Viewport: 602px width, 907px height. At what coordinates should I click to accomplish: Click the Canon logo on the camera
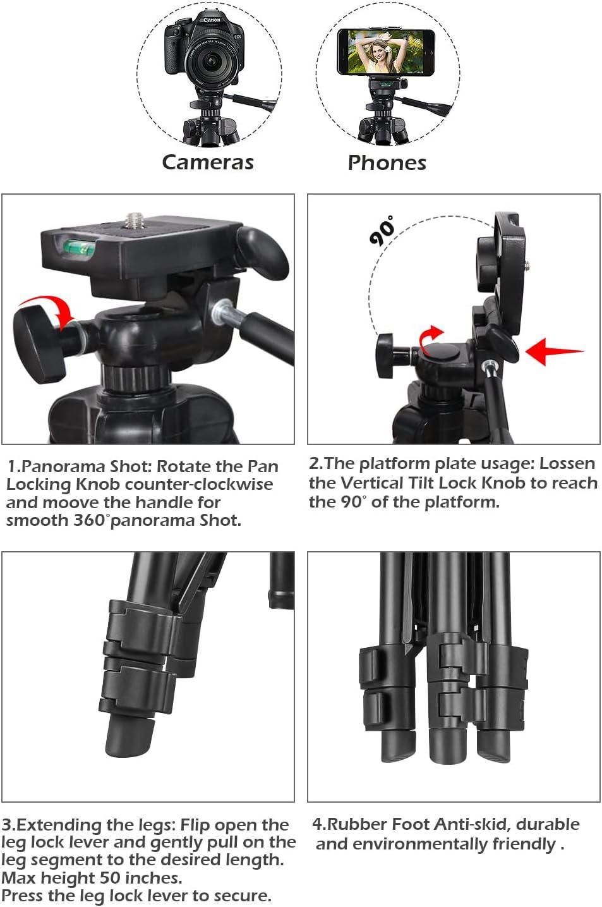tap(212, 20)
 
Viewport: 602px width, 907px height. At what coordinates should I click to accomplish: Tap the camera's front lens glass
tap(210, 60)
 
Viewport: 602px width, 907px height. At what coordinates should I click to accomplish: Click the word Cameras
tap(208, 162)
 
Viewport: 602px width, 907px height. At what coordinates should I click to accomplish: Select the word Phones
tap(387, 163)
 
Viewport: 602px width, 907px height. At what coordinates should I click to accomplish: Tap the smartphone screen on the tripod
tap(386, 52)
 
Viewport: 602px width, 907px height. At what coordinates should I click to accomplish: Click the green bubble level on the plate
tap(79, 247)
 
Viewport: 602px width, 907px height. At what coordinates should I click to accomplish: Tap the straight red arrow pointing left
tap(554, 351)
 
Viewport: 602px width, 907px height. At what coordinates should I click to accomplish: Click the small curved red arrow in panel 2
tap(431, 339)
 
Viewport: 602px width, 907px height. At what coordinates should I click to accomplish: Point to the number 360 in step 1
tap(90, 520)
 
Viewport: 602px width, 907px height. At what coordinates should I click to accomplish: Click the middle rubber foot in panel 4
tap(447, 750)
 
